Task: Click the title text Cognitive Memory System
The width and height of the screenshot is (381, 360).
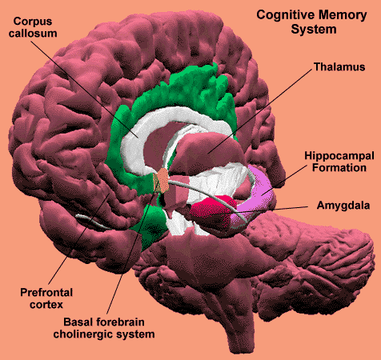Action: tap(311, 22)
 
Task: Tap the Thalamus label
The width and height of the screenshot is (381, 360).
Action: tap(339, 67)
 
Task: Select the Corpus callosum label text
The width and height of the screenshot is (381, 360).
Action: tap(33, 27)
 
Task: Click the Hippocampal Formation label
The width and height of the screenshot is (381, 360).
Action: tap(339, 162)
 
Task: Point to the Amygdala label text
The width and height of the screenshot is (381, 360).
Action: tap(343, 206)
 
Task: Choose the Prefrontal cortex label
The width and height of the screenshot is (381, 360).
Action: tap(46, 298)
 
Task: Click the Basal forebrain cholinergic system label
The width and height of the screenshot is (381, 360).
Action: tap(104, 328)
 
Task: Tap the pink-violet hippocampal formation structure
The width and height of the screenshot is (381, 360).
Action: tap(256, 194)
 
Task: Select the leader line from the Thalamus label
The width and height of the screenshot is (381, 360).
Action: tap(259, 111)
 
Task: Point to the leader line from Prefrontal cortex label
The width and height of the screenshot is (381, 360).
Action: tap(79, 239)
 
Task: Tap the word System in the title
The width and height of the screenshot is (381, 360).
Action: tap(314, 29)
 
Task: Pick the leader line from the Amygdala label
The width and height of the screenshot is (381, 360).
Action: tap(273, 210)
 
